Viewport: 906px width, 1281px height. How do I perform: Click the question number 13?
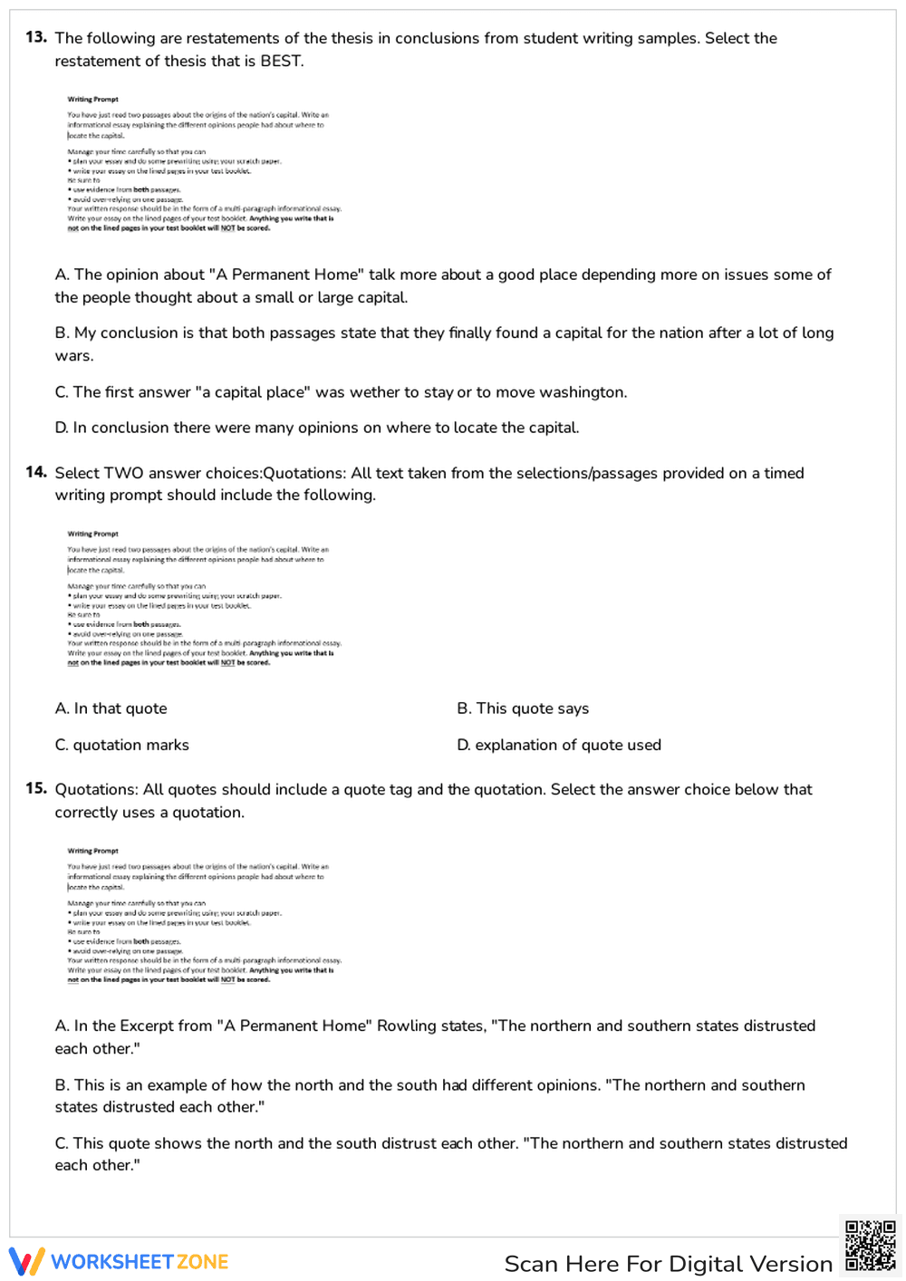point(36,37)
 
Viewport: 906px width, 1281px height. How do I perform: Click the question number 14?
point(36,472)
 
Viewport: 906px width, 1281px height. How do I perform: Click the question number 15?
point(36,788)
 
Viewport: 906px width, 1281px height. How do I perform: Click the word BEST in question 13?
point(281,61)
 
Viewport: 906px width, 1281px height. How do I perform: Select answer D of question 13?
point(317,428)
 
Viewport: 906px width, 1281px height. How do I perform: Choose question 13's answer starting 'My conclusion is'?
point(444,344)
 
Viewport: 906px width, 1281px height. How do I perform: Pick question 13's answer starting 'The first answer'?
point(341,392)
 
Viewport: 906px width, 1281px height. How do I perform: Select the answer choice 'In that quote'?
point(111,708)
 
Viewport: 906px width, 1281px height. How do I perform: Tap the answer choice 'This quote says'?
point(523,708)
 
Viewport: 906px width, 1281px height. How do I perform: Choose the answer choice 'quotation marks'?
point(122,745)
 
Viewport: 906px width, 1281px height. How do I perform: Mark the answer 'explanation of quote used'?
point(559,745)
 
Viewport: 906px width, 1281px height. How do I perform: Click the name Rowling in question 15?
point(407,1026)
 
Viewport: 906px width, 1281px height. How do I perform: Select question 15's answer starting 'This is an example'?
point(429,1095)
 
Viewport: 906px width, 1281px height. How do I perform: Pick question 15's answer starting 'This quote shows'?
point(450,1154)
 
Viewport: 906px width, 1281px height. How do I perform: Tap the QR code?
point(870,1246)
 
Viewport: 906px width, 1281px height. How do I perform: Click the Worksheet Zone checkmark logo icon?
point(26,1261)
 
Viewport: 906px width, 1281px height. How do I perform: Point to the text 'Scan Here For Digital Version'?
point(668,1264)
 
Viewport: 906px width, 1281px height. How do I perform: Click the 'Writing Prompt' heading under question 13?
point(92,100)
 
